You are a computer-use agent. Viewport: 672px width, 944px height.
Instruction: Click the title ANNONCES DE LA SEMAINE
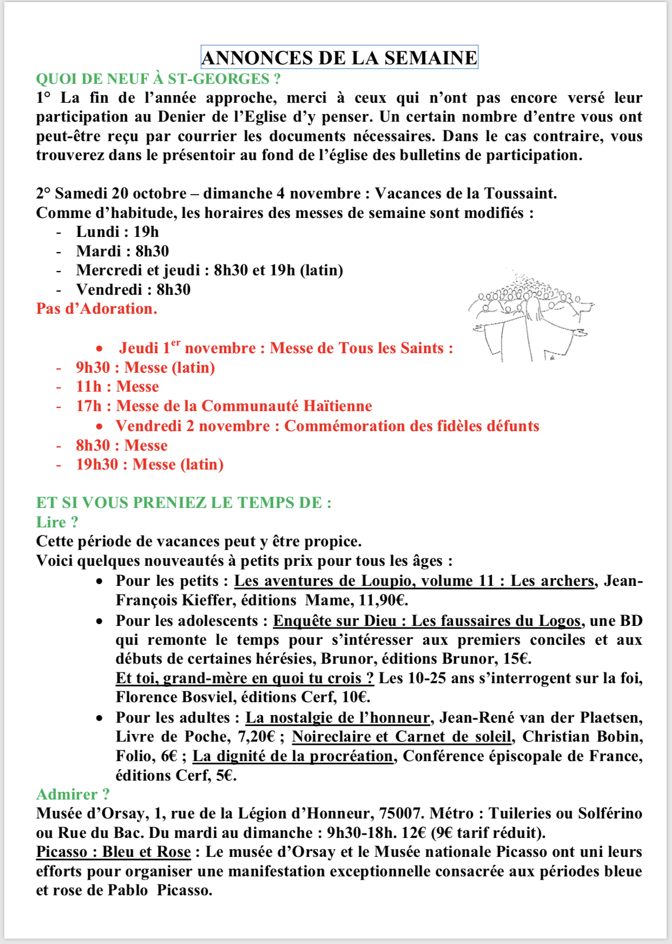tap(339, 57)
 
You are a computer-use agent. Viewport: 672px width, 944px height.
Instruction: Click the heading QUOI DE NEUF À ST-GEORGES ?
tap(158, 79)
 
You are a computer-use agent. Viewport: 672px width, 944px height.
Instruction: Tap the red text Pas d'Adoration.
tap(96, 309)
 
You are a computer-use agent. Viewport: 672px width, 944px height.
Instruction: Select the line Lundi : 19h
tap(117, 232)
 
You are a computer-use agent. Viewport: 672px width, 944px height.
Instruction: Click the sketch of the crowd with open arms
tap(530, 316)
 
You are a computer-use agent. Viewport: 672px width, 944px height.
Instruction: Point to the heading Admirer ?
tap(73, 794)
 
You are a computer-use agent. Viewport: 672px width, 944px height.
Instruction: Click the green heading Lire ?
tap(57, 522)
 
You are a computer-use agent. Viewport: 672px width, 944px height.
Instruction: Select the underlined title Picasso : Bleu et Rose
tap(113, 852)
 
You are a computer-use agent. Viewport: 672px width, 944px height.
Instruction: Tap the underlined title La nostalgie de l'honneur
tap(338, 718)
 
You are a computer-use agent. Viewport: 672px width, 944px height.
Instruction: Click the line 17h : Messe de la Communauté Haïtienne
tap(223, 406)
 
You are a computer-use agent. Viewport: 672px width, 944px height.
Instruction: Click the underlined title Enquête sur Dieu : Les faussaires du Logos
tap(426, 620)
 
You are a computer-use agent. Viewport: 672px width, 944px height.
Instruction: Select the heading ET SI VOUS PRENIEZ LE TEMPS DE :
tap(183, 503)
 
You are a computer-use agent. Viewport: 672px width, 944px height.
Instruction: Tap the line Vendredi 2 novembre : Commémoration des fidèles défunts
tap(327, 426)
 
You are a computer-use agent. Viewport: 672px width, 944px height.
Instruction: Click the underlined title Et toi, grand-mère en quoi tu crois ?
tap(245, 678)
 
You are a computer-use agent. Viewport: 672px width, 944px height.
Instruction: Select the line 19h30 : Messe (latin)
tap(149, 465)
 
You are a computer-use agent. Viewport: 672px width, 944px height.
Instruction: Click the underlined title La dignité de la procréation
tap(293, 756)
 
